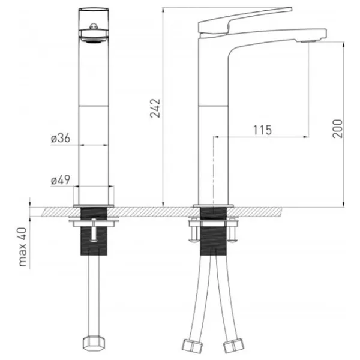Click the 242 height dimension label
155,108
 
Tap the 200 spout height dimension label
337,128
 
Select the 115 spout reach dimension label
262,130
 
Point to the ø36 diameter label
61,138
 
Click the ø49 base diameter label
61,180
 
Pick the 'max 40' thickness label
23,247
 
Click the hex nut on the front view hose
94,343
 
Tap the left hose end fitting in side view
192,346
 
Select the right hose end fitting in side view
234,346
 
